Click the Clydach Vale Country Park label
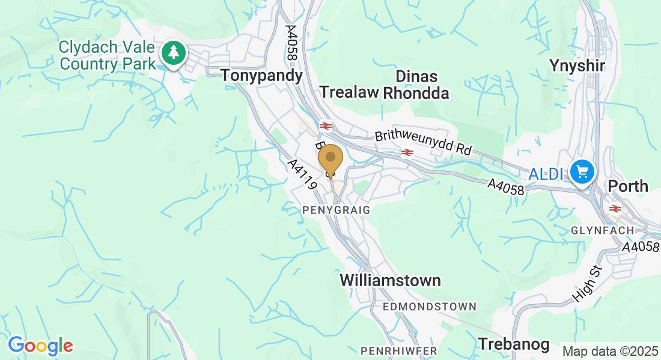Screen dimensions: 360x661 tap(107, 55)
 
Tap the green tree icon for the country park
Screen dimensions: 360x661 tap(174, 53)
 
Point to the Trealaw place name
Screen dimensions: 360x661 tap(349, 92)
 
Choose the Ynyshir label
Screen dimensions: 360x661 tap(577, 65)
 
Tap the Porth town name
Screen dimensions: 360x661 tap(628, 186)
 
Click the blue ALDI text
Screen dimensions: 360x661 tap(546, 175)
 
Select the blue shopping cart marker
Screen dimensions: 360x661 tap(582, 173)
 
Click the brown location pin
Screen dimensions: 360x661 tap(330, 159)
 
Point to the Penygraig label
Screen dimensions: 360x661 tap(337, 210)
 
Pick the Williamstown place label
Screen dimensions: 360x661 tap(390, 281)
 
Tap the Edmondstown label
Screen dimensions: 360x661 tap(430, 307)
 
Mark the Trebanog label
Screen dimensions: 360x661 tap(514, 344)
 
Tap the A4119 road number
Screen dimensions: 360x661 tap(302, 174)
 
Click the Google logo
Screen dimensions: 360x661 tap(40, 346)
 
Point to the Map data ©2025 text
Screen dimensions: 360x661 tap(610, 351)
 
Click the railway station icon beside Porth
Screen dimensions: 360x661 tap(615, 208)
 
